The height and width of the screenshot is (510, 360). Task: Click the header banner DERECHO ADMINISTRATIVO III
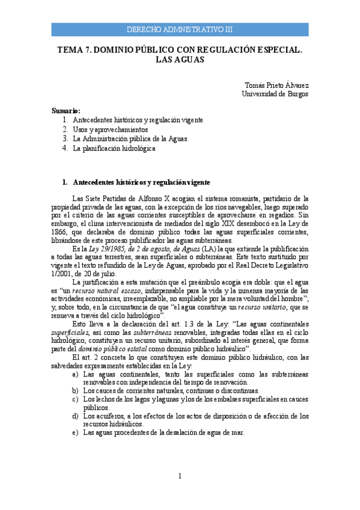pos(180,29)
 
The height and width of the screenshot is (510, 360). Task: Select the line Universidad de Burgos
pos(275,94)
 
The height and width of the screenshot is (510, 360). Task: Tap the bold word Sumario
pos(66,111)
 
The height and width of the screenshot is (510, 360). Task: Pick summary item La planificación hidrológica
pos(114,148)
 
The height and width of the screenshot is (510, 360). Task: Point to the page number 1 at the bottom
pos(180,477)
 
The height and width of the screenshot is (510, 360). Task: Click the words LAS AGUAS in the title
pos(180,60)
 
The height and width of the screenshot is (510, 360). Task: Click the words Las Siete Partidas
pos(96,197)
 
